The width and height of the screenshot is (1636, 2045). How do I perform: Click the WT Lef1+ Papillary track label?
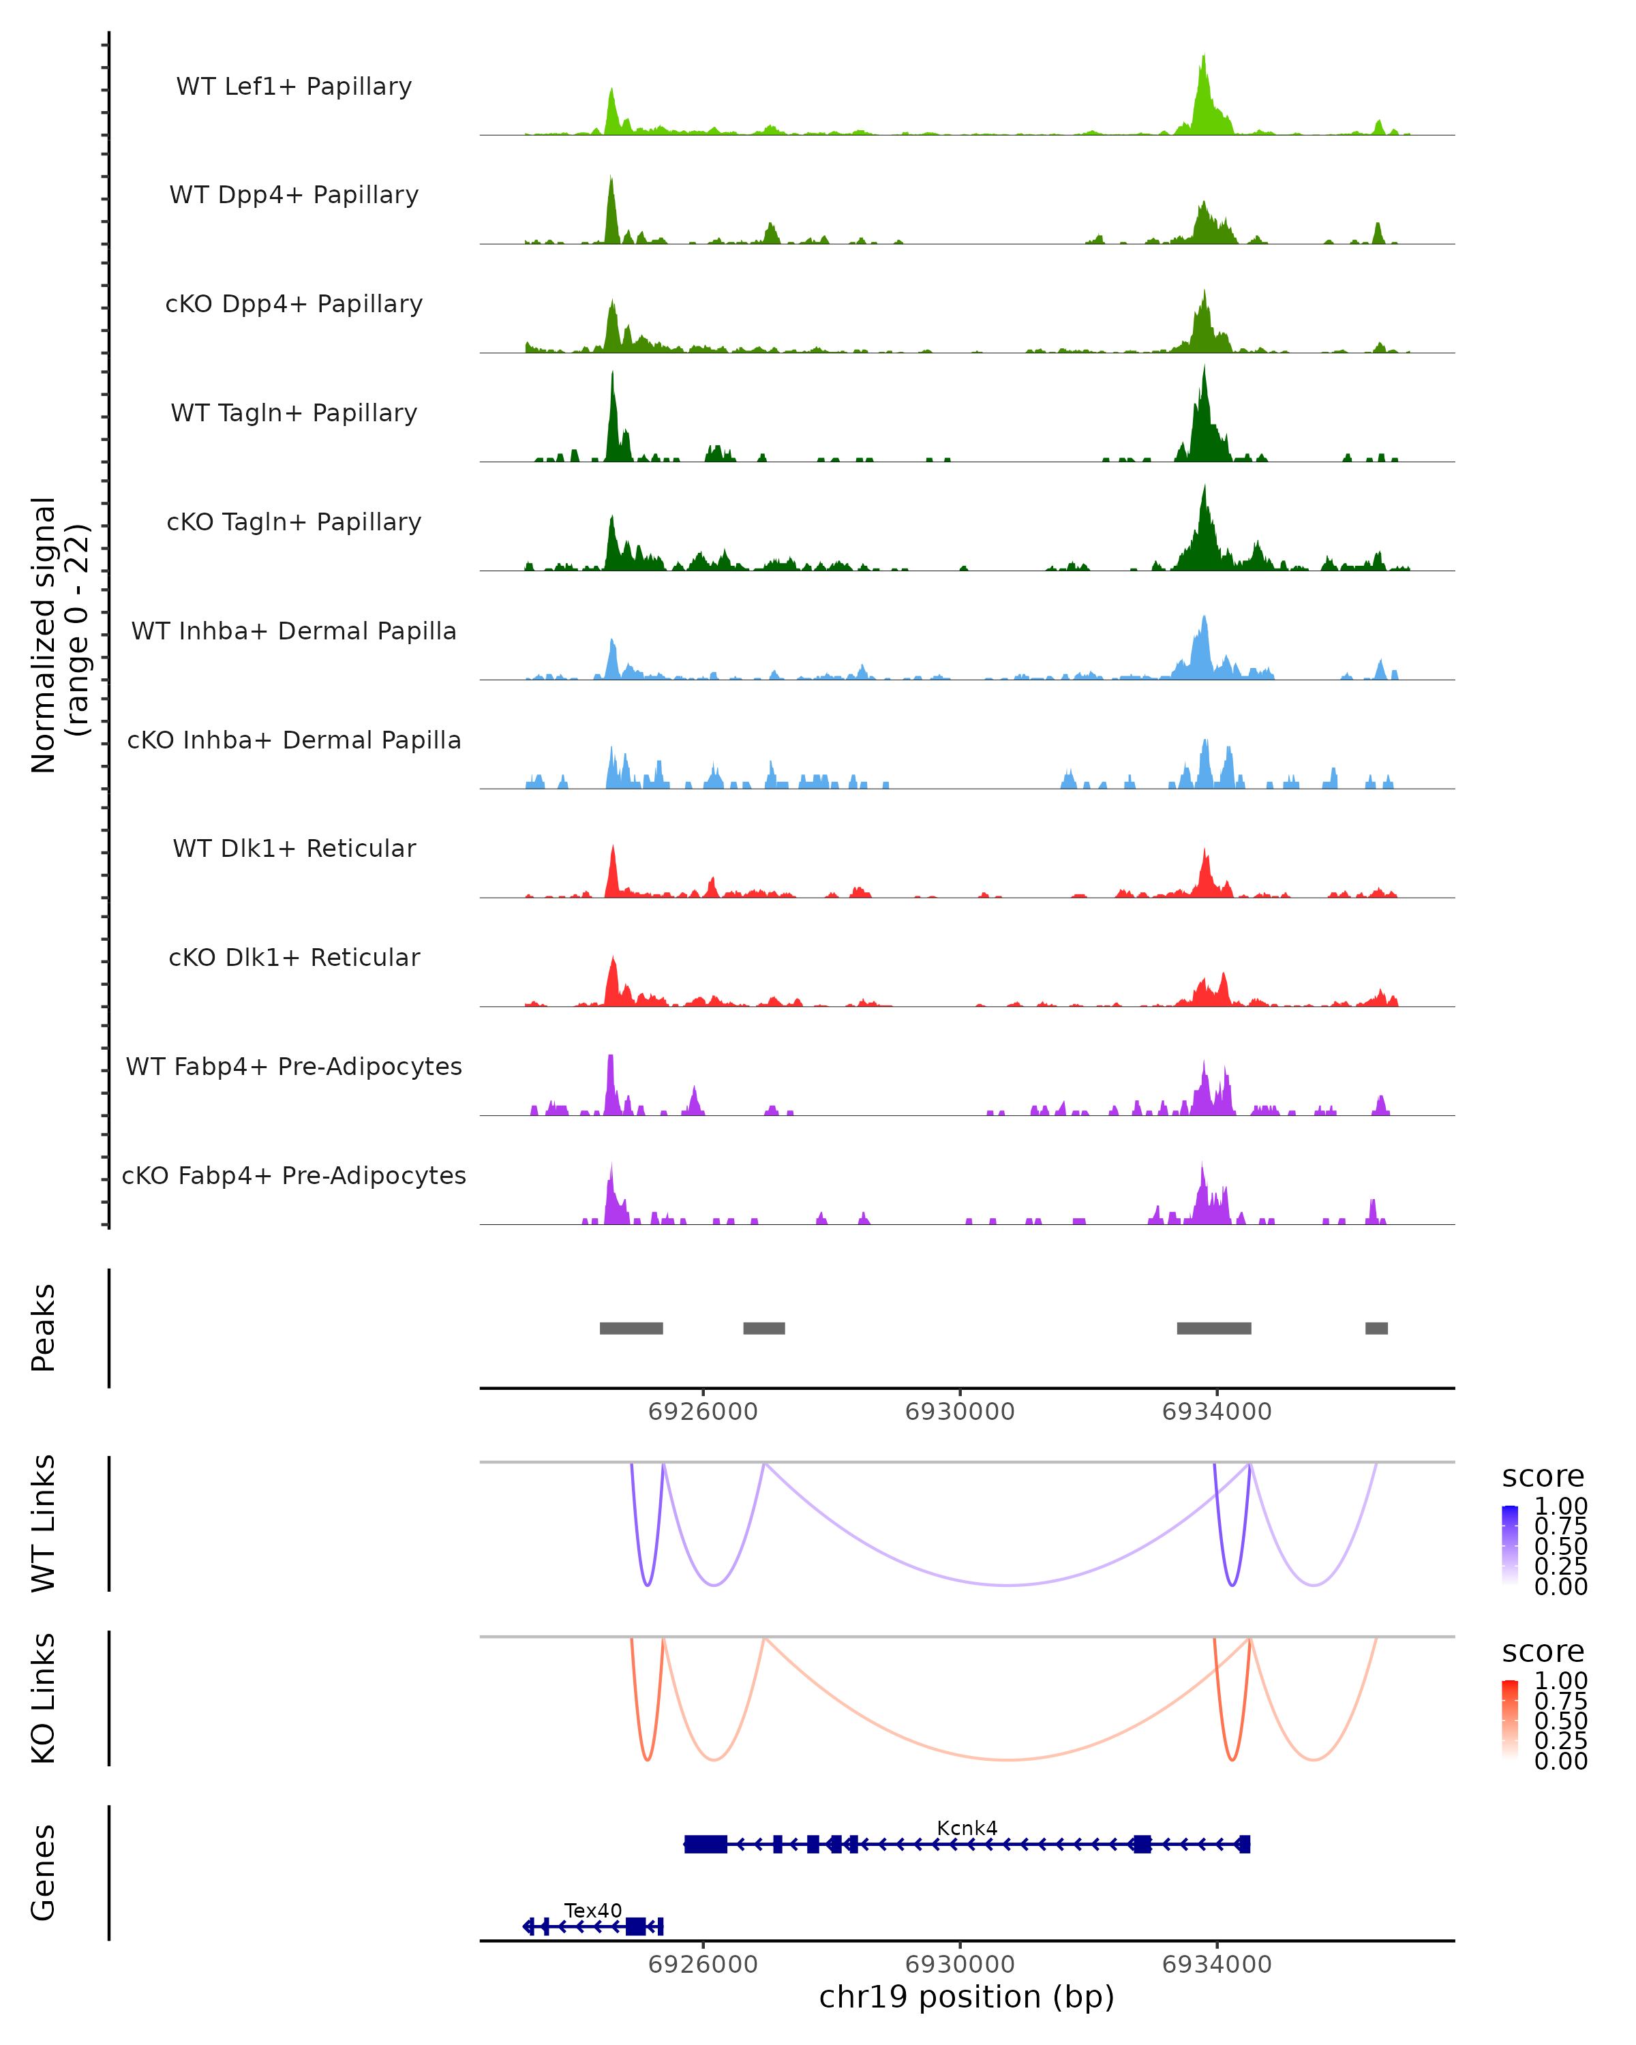tap(294, 87)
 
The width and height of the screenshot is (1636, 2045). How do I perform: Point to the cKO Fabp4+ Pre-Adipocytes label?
tap(294, 1175)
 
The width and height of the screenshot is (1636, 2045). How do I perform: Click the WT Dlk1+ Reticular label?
tap(294, 848)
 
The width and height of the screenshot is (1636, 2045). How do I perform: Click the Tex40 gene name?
tap(593, 1910)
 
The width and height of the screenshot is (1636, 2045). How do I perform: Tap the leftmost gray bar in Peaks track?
tap(631, 1328)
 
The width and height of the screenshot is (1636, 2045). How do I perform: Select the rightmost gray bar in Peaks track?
tap(1376, 1328)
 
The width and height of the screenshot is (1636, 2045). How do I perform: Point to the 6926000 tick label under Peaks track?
tap(703, 1412)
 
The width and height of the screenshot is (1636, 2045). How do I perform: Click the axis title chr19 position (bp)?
tap(967, 1997)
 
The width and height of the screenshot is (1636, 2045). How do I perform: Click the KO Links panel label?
tap(44, 1698)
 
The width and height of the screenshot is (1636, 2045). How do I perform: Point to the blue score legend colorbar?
tap(1510, 1544)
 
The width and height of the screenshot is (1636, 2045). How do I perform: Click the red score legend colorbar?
tap(1510, 1718)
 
